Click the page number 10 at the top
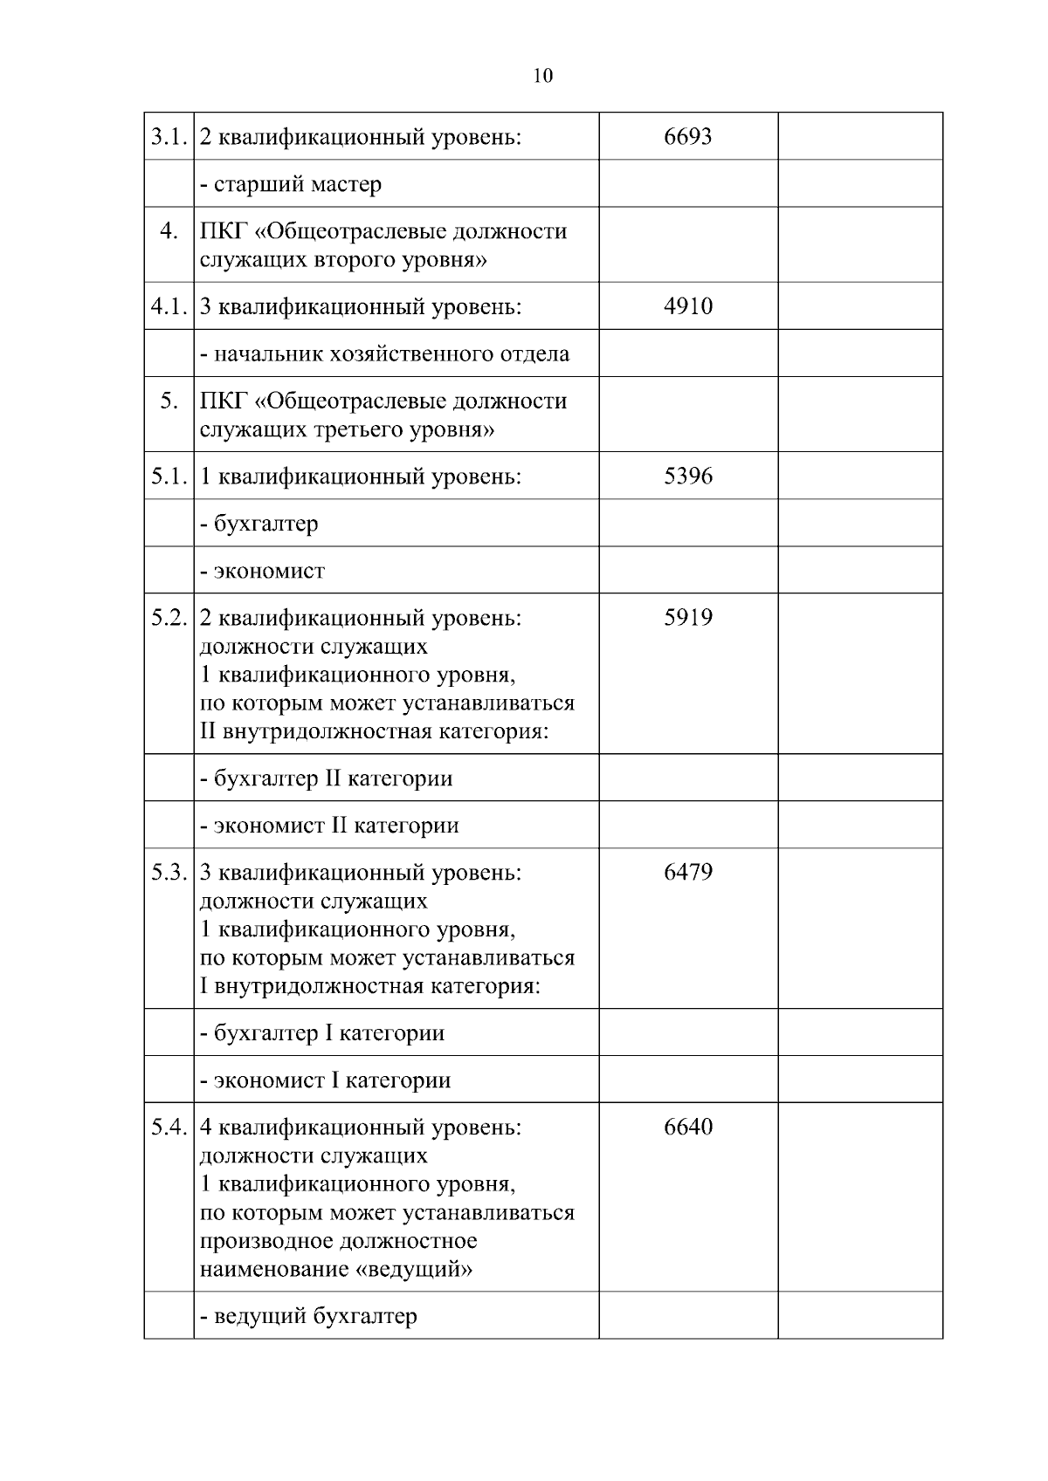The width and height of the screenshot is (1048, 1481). [542, 76]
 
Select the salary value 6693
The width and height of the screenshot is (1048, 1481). [688, 136]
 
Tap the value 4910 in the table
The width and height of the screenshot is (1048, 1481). [688, 306]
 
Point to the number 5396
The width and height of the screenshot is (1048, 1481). [688, 476]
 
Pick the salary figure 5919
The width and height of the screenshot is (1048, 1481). [688, 618]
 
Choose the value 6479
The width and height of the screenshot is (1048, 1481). [688, 872]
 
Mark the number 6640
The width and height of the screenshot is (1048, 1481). [688, 1127]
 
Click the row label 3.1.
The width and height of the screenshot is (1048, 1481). [169, 137]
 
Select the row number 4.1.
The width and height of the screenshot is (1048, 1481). [169, 307]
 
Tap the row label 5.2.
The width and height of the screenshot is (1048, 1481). [169, 618]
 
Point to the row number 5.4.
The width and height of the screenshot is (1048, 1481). [169, 1128]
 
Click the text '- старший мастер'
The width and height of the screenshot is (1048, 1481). [291, 185]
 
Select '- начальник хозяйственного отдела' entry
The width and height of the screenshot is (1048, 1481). [384, 354]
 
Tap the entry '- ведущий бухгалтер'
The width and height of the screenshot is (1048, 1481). [308, 1316]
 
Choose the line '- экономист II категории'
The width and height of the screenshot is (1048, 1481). [329, 826]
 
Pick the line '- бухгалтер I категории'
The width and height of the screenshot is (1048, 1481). [322, 1033]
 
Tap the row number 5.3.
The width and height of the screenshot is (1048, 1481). [169, 873]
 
